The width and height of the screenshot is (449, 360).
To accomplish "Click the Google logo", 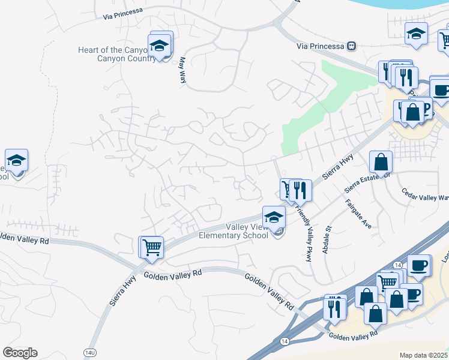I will coord(20,352).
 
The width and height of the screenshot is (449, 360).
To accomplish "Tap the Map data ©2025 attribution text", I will coord(424,355).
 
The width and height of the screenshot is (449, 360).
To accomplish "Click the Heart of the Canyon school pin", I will coord(160,46).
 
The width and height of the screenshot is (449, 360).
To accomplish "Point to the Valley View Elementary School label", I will coord(247,231).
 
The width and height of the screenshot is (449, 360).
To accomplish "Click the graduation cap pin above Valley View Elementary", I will coord(274,217).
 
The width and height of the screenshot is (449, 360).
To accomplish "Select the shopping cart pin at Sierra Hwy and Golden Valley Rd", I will coord(152,246).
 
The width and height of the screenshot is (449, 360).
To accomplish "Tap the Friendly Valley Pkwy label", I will coord(304,234).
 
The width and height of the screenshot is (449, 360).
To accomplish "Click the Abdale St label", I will coord(327,239).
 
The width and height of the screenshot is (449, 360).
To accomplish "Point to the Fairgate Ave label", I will coord(358,214).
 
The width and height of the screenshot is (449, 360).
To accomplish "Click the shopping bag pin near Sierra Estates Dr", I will coord(381,161).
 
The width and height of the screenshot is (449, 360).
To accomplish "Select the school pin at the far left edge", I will coord(17,160).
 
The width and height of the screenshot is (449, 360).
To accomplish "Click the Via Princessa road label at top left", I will coord(122,11).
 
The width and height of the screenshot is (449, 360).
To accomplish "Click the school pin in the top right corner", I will coord(416,34).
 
